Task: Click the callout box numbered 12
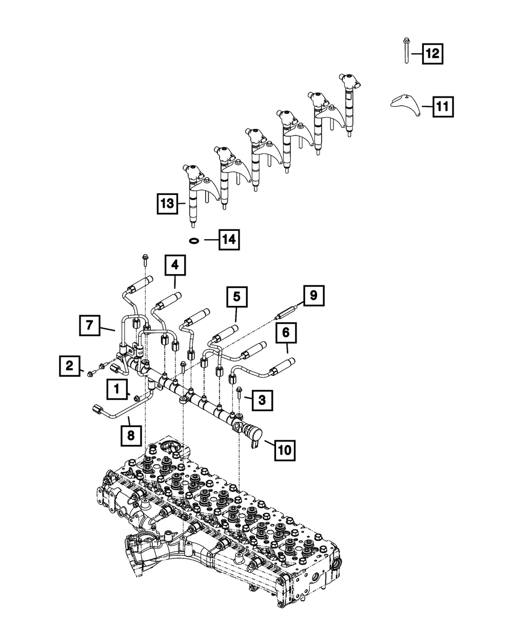point(432,53)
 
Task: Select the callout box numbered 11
point(442,107)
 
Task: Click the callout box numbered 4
point(175,265)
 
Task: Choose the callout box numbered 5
point(236,297)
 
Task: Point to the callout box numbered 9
point(313,296)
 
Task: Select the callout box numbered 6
point(286,333)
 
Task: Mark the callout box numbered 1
point(117,390)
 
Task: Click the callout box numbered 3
point(262,400)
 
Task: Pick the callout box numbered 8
point(131,435)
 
